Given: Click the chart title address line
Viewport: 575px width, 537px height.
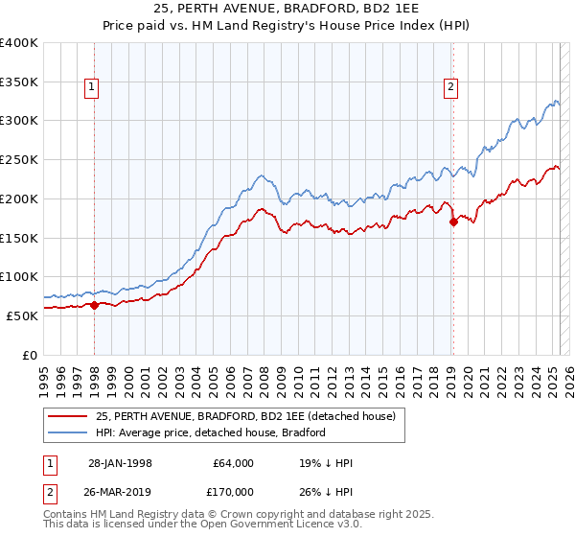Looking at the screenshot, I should [287, 9].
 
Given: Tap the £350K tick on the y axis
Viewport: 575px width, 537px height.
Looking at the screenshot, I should [19, 82].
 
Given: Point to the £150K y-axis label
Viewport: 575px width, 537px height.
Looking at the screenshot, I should [19, 237].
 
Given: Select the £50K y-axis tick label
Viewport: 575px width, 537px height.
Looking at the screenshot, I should [23, 315].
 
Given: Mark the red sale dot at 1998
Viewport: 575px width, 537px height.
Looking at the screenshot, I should [95, 305].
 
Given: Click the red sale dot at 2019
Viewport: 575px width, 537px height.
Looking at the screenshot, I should [453, 222].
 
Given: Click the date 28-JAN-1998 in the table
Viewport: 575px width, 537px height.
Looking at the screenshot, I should [120, 463].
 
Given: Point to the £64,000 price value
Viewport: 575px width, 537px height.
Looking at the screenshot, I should [233, 463].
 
